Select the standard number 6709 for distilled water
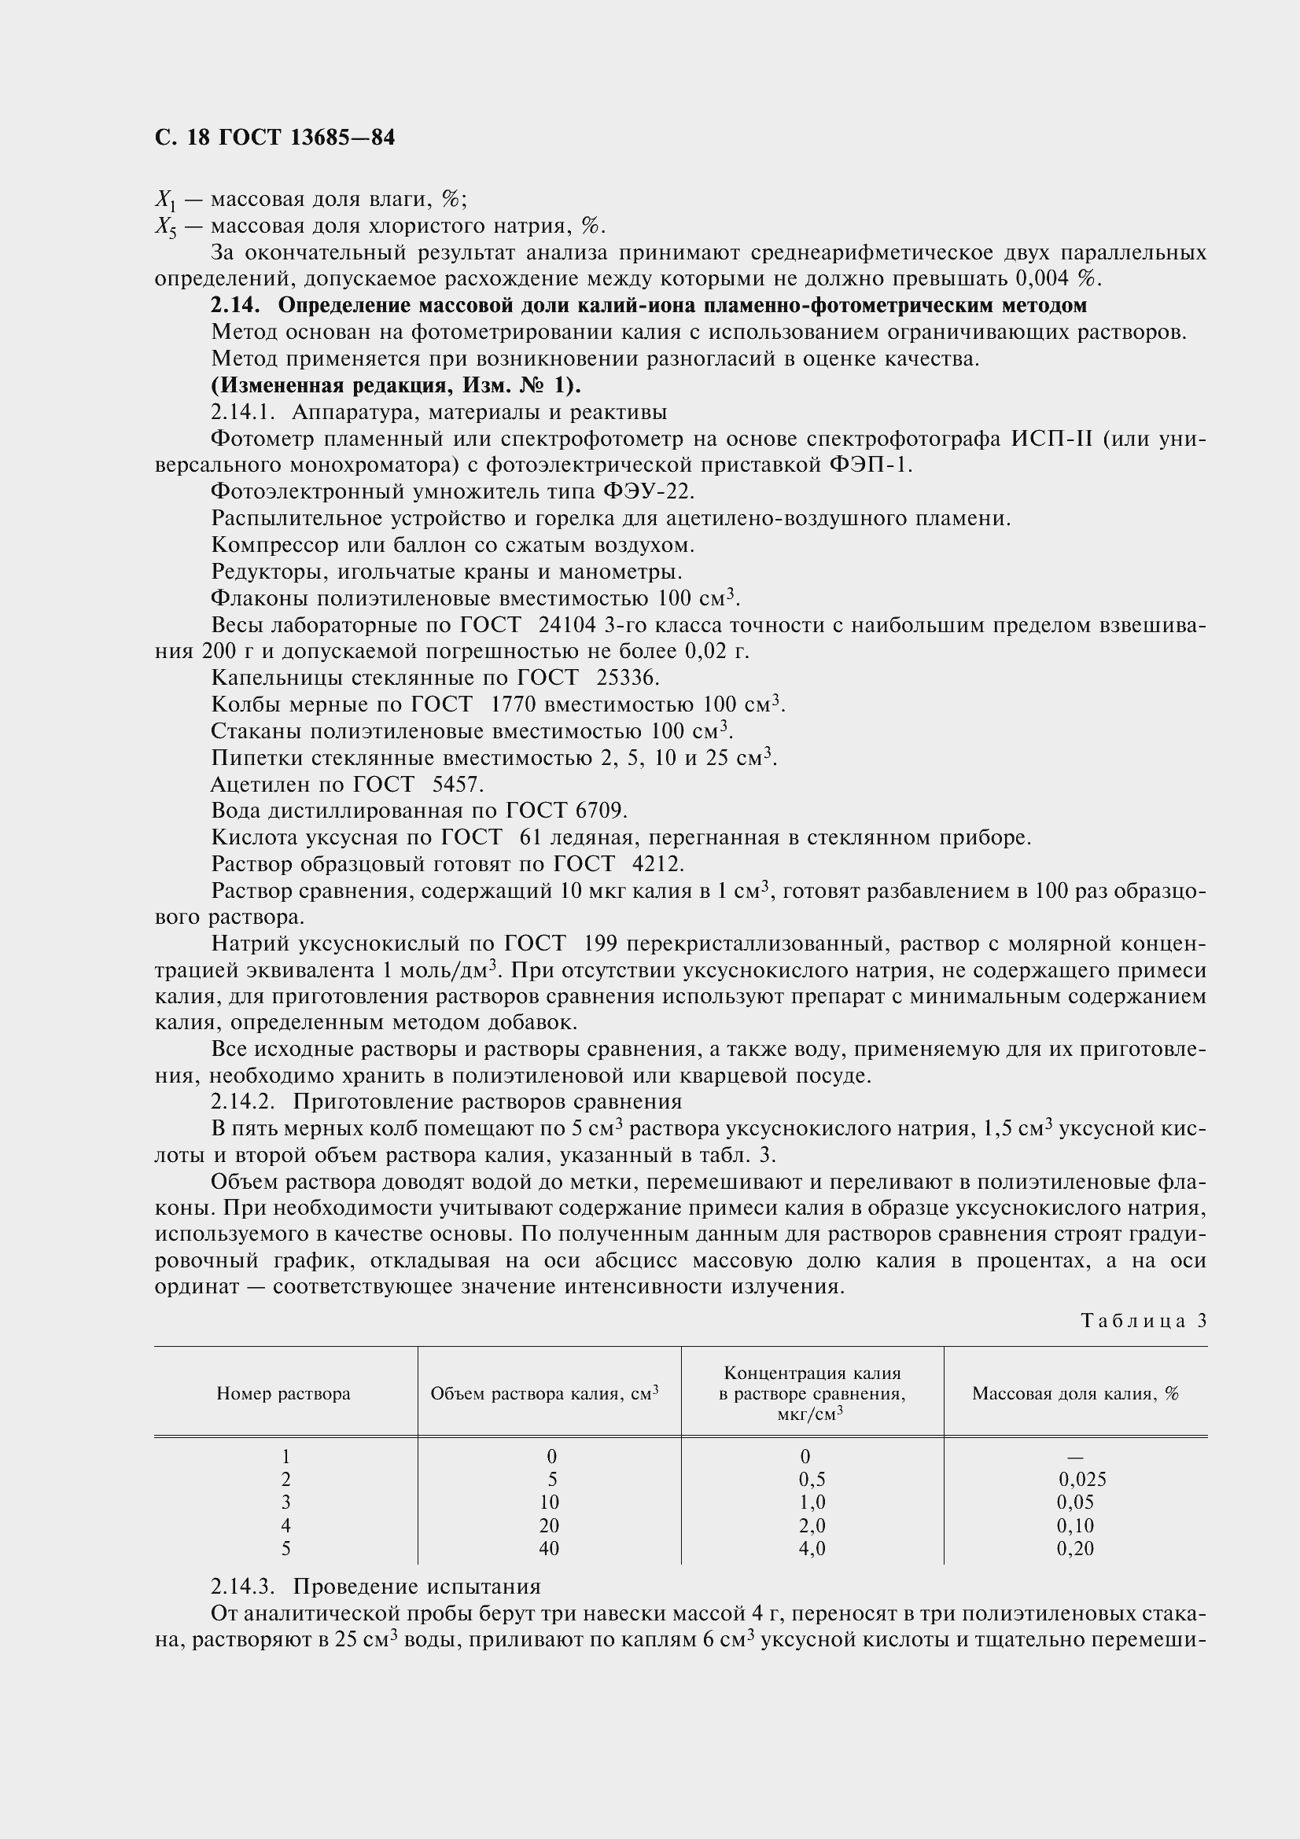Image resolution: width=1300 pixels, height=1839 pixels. click(x=600, y=811)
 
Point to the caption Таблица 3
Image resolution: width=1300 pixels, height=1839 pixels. click(x=1143, y=1321)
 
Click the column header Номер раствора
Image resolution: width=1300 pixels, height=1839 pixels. click(x=284, y=1394)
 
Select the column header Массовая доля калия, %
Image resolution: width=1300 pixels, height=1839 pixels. click(x=1075, y=1394)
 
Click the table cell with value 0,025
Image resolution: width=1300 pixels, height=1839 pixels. click(x=1081, y=1480)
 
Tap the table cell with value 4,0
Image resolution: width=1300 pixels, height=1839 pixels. click(x=812, y=1549)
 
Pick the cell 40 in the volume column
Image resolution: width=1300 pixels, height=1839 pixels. click(x=549, y=1549)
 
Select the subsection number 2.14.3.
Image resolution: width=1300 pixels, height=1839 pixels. click(x=243, y=1587)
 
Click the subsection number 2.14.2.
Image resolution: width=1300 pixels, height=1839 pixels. click(x=243, y=1102)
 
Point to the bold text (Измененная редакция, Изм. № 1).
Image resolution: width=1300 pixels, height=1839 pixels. click(x=396, y=385)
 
